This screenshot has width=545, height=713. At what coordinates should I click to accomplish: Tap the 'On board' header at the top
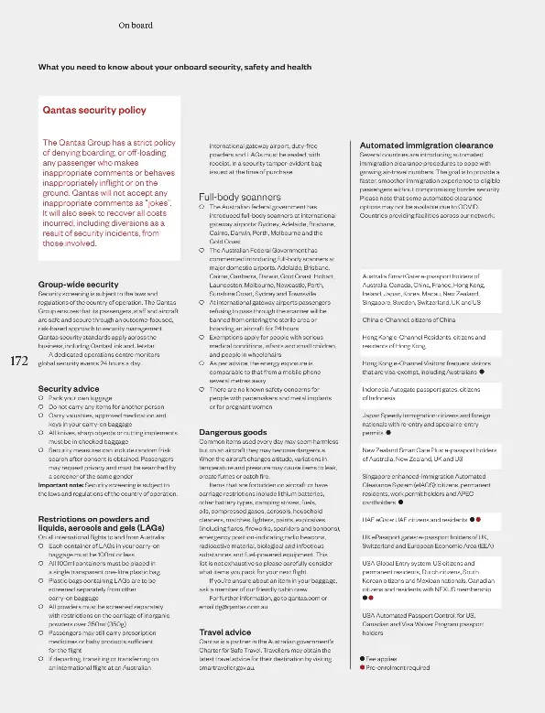(x=136, y=26)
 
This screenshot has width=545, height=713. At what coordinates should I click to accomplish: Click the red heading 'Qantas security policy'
(x=94, y=110)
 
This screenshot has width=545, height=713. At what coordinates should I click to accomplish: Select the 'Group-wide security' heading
(x=78, y=285)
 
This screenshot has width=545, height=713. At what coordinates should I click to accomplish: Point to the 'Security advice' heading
(x=68, y=389)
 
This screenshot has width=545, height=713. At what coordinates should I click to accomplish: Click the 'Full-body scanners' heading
(x=240, y=197)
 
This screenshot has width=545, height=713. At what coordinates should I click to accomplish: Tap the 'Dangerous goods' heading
(x=233, y=431)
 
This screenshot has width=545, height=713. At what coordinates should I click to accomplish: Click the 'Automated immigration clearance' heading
(x=426, y=146)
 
